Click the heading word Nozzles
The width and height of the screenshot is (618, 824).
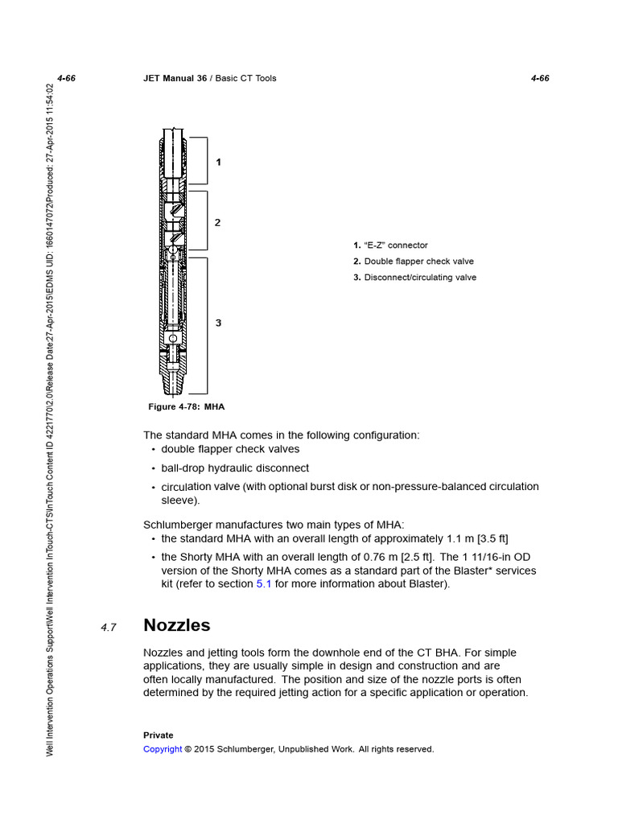coord(176,625)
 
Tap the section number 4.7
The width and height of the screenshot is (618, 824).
coord(109,628)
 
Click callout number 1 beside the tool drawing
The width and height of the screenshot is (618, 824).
coord(218,162)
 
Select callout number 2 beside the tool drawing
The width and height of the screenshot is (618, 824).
coord(217,222)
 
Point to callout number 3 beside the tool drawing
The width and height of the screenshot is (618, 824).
coord(218,323)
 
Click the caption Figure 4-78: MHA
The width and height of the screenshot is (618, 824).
coord(186,406)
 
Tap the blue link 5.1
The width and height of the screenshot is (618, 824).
coord(264,584)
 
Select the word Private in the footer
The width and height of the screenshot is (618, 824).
coord(159,735)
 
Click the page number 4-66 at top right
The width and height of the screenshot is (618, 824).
coord(540,78)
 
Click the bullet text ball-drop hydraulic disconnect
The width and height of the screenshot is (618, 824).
coord(235,468)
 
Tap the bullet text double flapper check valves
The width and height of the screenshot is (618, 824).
coord(230,449)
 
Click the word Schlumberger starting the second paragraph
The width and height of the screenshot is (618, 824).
coord(182,525)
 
